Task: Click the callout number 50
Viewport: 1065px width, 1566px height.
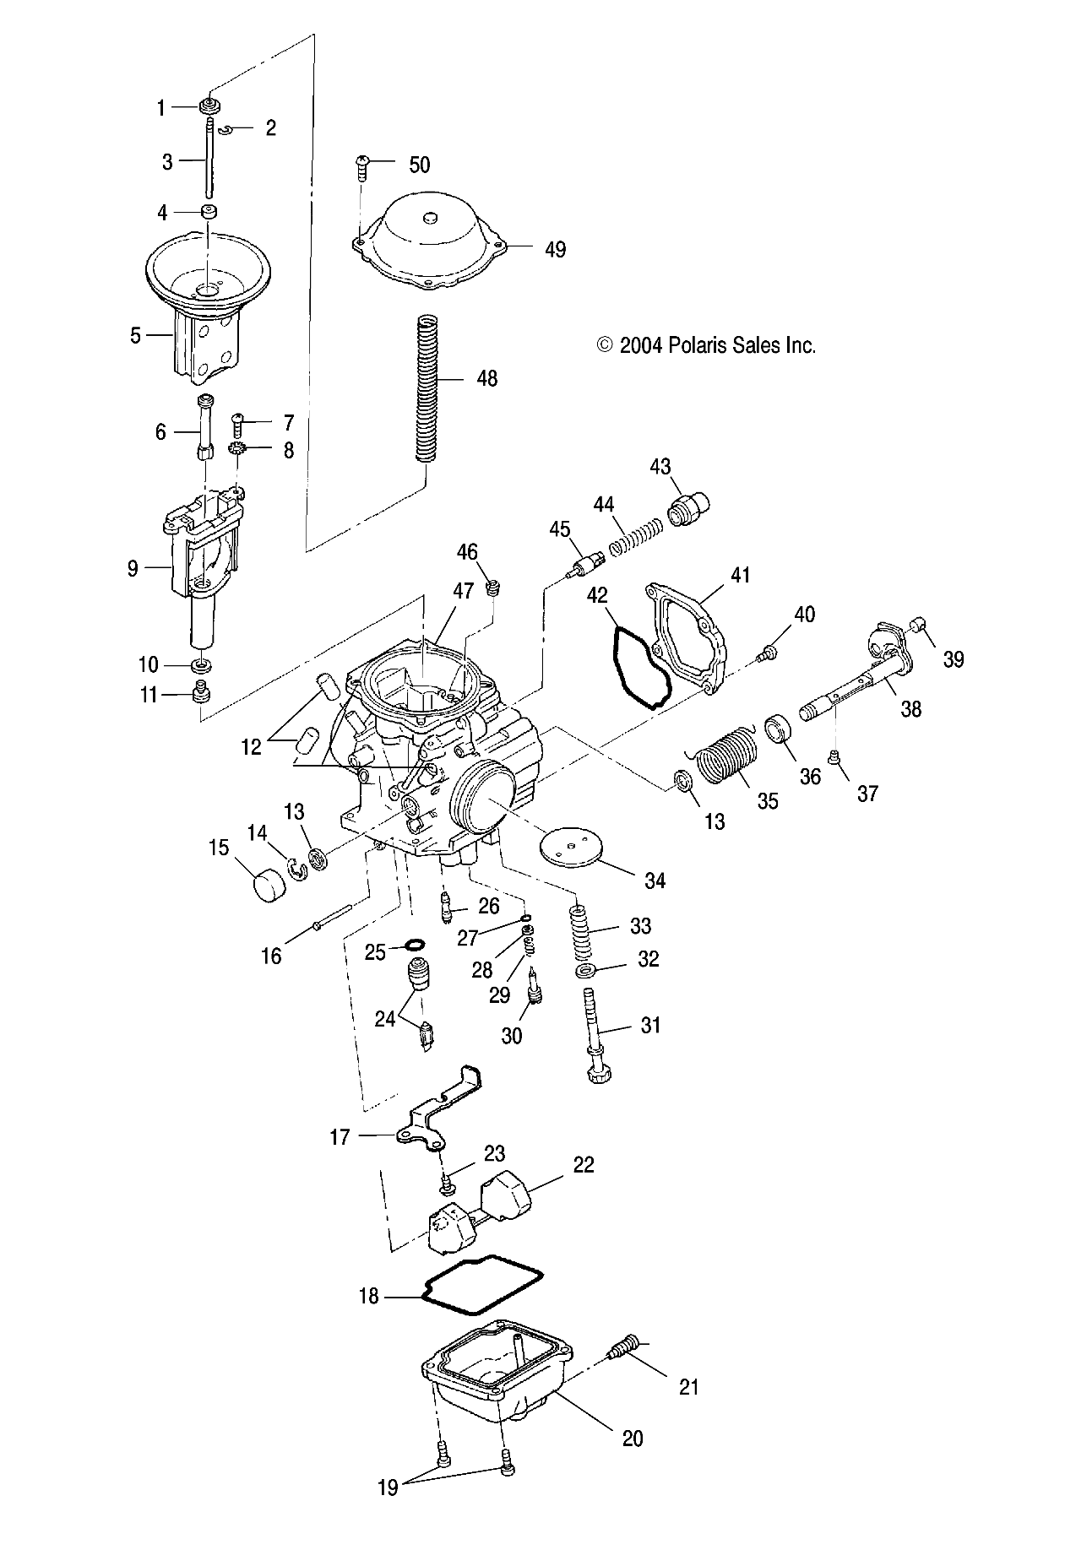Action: [419, 165]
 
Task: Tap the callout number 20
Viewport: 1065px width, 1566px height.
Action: [632, 1438]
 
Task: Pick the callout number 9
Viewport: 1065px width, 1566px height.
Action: [133, 568]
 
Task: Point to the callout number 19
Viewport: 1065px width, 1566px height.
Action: [387, 1510]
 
